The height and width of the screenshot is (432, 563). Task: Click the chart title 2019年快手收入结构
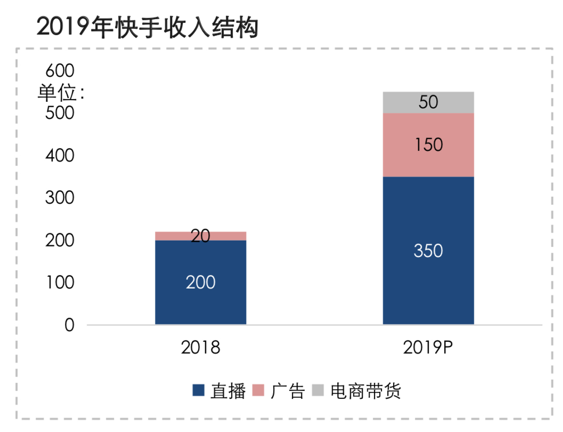click(x=147, y=27)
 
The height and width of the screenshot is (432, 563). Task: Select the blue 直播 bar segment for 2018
click(x=200, y=299)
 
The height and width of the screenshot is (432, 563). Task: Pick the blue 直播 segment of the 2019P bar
click(x=428, y=277)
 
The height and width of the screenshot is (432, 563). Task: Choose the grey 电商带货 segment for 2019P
click(x=405, y=102)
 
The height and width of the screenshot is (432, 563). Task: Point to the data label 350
click(x=428, y=251)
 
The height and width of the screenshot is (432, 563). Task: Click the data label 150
click(x=428, y=145)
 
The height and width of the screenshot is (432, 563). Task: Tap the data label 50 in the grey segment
click(x=428, y=102)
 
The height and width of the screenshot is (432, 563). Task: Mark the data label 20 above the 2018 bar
click(x=200, y=236)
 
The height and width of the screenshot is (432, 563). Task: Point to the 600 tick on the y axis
click(x=60, y=70)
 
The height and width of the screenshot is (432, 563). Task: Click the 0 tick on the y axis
click(x=69, y=325)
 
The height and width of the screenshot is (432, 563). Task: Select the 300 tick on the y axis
click(x=60, y=198)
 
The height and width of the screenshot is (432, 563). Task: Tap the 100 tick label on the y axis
click(x=60, y=283)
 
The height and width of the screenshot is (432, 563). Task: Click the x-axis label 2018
click(x=200, y=348)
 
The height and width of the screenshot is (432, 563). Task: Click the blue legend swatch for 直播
click(x=198, y=391)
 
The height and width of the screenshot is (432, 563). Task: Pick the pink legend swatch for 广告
click(x=258, y=391)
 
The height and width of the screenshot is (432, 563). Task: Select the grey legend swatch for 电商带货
click(x=318, y=391)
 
